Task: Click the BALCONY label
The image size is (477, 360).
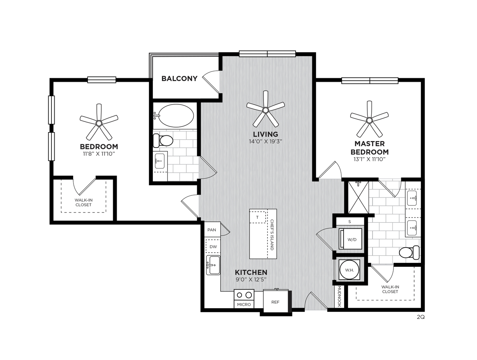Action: coord(179,79)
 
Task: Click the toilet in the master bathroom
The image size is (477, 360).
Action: coord(409,252)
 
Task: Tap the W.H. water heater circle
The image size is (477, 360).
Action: coord(350,270)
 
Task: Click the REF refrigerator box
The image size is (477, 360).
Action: coord(275,301)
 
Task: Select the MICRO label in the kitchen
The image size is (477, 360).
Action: coord(244,305)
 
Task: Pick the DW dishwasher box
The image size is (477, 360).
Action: coord(213,246)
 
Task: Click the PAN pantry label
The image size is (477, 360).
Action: coord(211,230)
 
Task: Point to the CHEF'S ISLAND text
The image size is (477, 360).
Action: coord(272,235)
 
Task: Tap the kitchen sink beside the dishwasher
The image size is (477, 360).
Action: coord(213,265)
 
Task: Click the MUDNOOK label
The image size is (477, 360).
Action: coord(340,296)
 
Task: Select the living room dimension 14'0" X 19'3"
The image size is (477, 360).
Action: coord(265,141)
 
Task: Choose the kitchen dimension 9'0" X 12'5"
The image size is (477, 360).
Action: coord(251,279)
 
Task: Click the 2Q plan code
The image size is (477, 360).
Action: coord(421,317)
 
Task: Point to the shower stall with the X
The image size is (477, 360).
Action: coord(358,197)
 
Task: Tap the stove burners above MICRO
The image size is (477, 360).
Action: coord(244,295)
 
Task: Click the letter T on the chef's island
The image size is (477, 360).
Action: coord(257,217)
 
